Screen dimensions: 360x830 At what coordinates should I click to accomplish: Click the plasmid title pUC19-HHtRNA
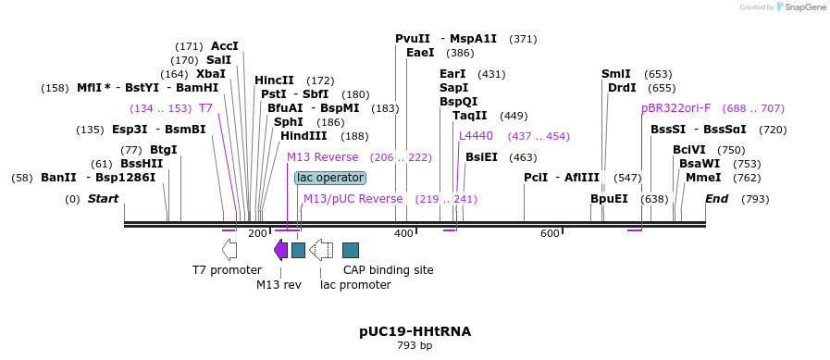click(415, 331)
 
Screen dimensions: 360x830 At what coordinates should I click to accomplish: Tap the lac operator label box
click(330, 178)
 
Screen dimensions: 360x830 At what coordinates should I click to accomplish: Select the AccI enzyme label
click(225, 46)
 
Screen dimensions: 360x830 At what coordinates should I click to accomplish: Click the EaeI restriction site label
click(420, 53)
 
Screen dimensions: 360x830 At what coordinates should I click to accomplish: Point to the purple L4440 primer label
click(476, 136)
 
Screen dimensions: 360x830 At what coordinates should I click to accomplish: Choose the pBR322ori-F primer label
click(675, 108)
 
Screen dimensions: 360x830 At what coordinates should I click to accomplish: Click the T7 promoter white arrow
click(229, 249)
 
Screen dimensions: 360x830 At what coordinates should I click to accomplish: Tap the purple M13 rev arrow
click(280, 249)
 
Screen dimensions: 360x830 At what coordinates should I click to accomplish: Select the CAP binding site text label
click(388, 270)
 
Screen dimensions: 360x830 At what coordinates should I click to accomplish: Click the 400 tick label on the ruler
click(403, 233)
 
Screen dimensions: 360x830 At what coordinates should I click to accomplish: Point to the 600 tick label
click(550, 233)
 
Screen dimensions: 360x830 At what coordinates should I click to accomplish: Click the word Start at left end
click(104, 199)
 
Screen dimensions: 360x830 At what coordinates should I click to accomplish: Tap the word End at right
click(716, 199)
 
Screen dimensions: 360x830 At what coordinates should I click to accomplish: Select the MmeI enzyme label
click(703, 178)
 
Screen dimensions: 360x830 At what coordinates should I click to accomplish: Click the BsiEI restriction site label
click(481, 157)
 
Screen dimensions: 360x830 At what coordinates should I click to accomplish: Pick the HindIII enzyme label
click(304, 136)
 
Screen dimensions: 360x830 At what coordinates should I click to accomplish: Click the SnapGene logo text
click(803, 7)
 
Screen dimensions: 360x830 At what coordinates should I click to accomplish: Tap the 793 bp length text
click(415, 346)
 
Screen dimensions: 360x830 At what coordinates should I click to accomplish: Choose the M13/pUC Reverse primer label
click(353, 199)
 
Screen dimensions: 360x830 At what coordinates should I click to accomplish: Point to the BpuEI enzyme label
click(609, 199)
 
